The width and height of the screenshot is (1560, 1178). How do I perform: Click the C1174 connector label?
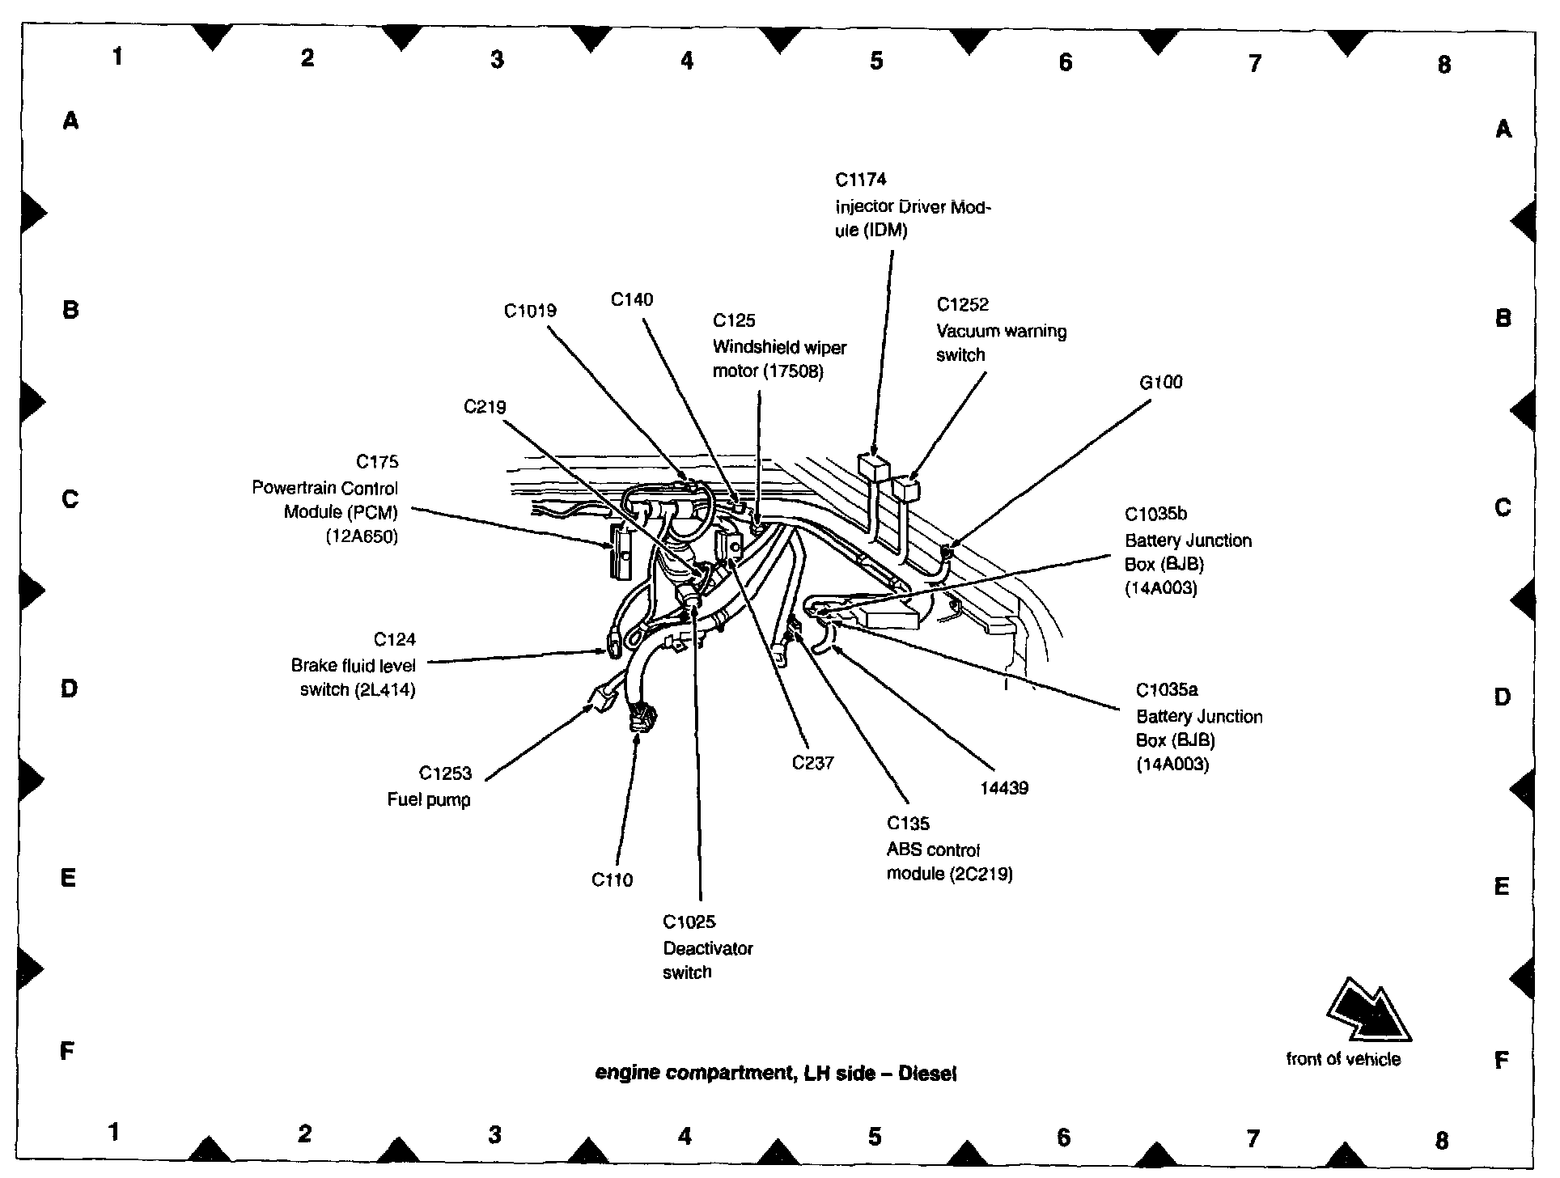click(861, 180)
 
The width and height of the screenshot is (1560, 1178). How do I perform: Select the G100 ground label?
click(1160, 382)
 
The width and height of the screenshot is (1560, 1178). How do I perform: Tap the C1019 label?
click(530, 311)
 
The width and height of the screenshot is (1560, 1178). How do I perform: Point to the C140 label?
click(631, 299)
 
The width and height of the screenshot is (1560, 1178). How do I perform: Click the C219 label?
click(485, 407)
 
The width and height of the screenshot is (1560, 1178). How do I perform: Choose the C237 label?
click(812, 762)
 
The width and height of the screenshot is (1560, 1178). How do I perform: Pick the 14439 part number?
click(1003, 787)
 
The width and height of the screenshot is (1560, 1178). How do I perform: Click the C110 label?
click(612, 879)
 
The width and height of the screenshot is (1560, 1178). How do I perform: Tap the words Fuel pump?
click(429, 799)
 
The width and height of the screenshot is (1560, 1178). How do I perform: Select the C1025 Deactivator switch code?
click(689, 922)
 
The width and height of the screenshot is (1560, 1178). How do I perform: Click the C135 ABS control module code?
click(908, 824)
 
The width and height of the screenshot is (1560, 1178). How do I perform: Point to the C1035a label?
click(1167, 690)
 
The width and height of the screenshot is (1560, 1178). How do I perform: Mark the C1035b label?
click(1155, 514)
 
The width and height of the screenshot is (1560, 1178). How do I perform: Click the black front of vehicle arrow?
click(1367, 1011)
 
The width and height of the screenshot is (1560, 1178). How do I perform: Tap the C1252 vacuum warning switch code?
click(963, 305)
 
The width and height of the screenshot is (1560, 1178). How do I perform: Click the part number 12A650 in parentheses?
click(362, 536)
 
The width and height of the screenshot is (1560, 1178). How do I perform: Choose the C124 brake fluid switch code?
click(395, 640)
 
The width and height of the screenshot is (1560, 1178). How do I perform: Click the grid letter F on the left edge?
click(68, 1051)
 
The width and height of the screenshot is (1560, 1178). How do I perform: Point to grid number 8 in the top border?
click(1444, 65)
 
